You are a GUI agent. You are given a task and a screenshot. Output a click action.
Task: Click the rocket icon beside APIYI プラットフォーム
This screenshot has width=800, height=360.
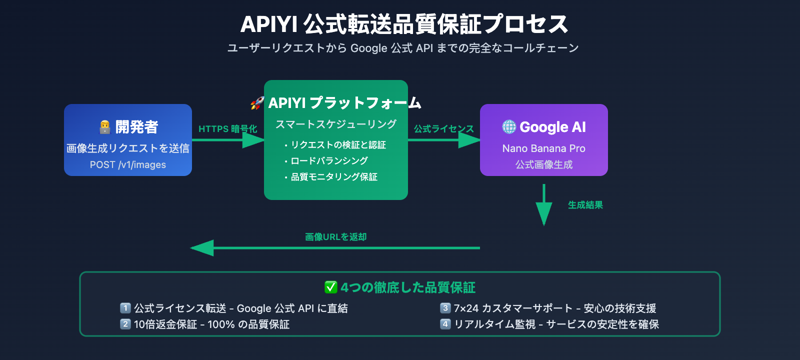257,103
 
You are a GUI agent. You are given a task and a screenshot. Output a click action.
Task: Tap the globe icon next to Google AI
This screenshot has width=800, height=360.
509,127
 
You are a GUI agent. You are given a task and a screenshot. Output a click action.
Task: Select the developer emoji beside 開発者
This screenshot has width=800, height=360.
104,127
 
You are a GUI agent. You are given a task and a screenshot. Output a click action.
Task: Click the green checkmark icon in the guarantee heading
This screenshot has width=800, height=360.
330,287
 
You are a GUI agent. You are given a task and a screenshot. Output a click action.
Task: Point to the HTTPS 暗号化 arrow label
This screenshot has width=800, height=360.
227,129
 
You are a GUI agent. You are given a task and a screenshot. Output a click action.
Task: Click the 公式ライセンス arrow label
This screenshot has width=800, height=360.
443,129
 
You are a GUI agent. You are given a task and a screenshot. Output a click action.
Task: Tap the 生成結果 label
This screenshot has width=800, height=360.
585,205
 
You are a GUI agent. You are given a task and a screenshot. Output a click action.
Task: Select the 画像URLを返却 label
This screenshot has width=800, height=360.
335,237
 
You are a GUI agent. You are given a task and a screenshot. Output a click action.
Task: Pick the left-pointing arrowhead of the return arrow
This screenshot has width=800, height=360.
202,247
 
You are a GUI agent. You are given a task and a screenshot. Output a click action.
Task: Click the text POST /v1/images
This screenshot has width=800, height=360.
128,164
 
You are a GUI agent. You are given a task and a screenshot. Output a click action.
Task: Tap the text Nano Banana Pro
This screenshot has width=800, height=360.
543,148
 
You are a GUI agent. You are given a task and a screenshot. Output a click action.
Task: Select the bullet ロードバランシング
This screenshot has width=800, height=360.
329,161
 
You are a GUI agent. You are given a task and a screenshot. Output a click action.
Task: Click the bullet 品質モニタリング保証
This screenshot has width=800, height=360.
334,177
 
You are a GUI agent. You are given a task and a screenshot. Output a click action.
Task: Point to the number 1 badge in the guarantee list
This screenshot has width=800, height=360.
125,308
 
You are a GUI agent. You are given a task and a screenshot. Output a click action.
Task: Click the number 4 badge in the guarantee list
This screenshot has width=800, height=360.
445,324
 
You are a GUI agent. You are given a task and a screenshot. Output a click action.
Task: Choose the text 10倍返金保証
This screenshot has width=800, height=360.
165,324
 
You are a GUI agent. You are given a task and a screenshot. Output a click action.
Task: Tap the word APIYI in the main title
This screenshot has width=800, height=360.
268,24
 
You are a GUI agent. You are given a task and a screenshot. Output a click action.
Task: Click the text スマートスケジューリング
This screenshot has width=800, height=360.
336,124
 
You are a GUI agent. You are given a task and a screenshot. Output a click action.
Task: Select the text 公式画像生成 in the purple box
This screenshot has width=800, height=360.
543,164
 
